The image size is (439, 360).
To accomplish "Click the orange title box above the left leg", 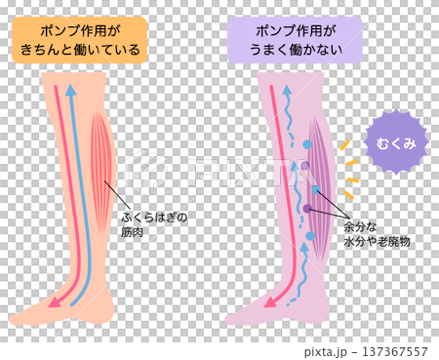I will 80,38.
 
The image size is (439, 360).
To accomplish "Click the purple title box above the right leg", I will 294,38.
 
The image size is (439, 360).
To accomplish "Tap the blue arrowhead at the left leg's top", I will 70,92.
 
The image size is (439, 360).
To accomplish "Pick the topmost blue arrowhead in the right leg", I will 287,91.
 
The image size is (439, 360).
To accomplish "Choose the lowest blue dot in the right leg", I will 310,235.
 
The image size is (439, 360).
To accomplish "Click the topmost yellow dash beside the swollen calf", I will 343,144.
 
